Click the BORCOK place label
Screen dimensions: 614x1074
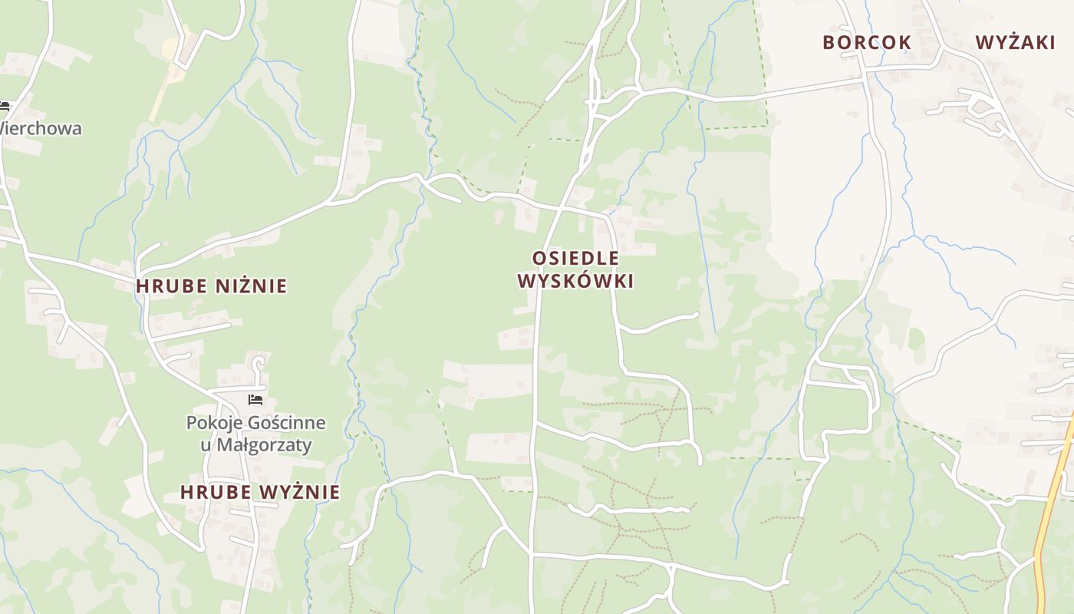click(867, 42)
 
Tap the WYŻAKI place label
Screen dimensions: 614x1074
click(1015, 42)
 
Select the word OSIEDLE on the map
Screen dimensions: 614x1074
click(575, 258)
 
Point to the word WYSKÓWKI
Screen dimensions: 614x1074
click(575, 281)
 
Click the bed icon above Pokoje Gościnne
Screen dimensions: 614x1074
click(255, 400)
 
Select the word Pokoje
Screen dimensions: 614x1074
click(212, 423)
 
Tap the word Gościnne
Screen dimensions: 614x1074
click(285, 423)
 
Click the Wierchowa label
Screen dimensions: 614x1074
click(40, 128)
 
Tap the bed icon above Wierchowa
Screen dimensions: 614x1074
click(4, 107)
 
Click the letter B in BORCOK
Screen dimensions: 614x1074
click(829, 42)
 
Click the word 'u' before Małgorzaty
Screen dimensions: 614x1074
click(206, 444)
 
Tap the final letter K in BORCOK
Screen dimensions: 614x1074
click(905, 42)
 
